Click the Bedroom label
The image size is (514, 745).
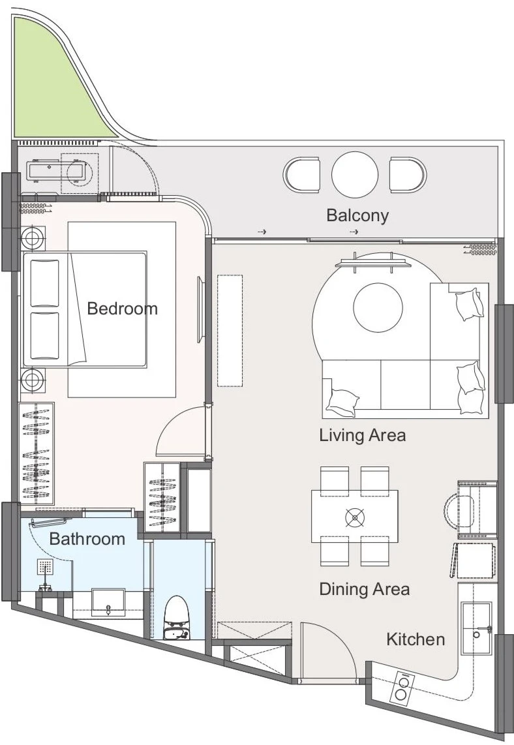(122, 309)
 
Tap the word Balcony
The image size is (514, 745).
(357, 216)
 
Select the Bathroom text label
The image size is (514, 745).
(87, 539)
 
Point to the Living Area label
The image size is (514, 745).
(363, 435)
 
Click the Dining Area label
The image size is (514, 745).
(365, 589)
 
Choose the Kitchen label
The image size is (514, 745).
(416, 639)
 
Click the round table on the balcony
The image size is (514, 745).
(355, 174)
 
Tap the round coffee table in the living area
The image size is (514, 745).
(378, 307)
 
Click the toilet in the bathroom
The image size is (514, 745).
(177, 617)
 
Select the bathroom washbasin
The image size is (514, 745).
(108, 603)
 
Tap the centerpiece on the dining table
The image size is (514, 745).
(354, 517)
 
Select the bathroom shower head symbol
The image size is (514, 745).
(45, 567)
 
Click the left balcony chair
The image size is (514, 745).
(301, 174)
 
